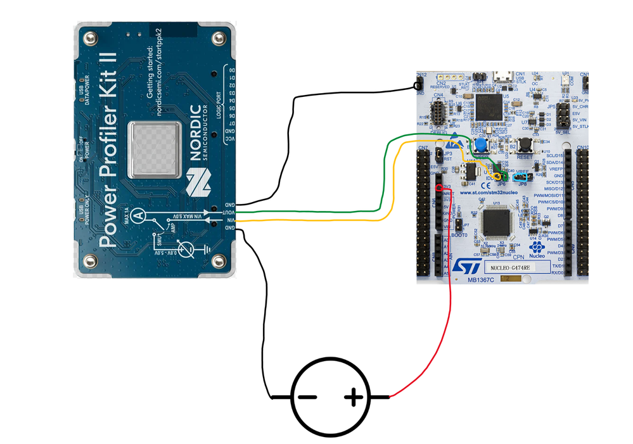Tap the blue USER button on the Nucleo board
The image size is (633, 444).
[482, 144]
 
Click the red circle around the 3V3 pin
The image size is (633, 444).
[439, 187]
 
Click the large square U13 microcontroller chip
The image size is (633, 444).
[497, 222]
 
